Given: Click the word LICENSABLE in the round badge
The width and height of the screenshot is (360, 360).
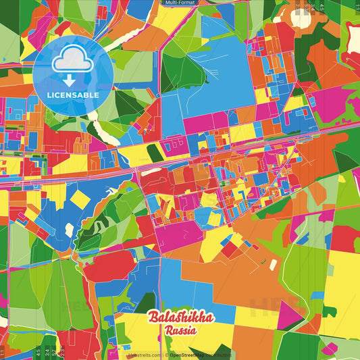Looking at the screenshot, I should pos(72,95).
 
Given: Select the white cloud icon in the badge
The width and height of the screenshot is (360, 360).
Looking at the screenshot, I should pos(72,63).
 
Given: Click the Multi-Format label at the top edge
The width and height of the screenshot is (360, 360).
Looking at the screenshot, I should pos(180,3).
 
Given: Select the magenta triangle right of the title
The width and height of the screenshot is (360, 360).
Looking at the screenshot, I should pos(288,315).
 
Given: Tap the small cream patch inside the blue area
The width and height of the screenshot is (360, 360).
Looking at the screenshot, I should pos(69,230).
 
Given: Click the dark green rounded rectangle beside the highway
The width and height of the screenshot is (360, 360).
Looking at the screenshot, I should pos(155,153).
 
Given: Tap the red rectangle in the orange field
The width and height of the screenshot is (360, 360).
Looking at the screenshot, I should pos(230,249).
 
